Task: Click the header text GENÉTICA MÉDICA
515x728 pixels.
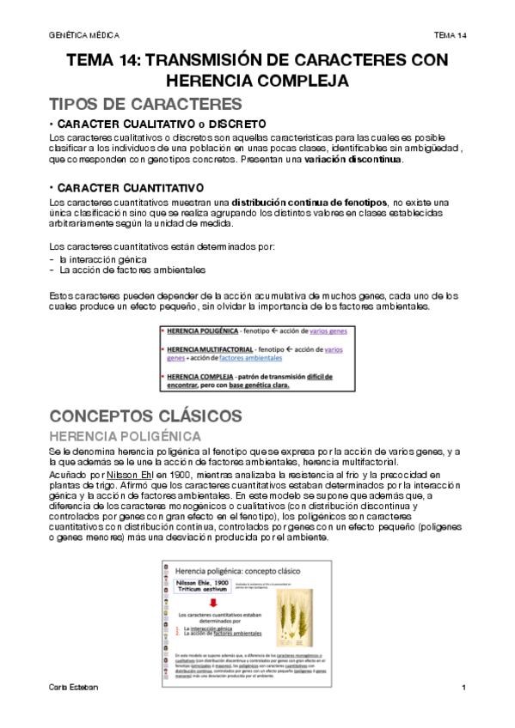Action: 84,34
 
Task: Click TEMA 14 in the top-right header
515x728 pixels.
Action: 450,34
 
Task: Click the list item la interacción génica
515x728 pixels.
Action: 102,258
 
